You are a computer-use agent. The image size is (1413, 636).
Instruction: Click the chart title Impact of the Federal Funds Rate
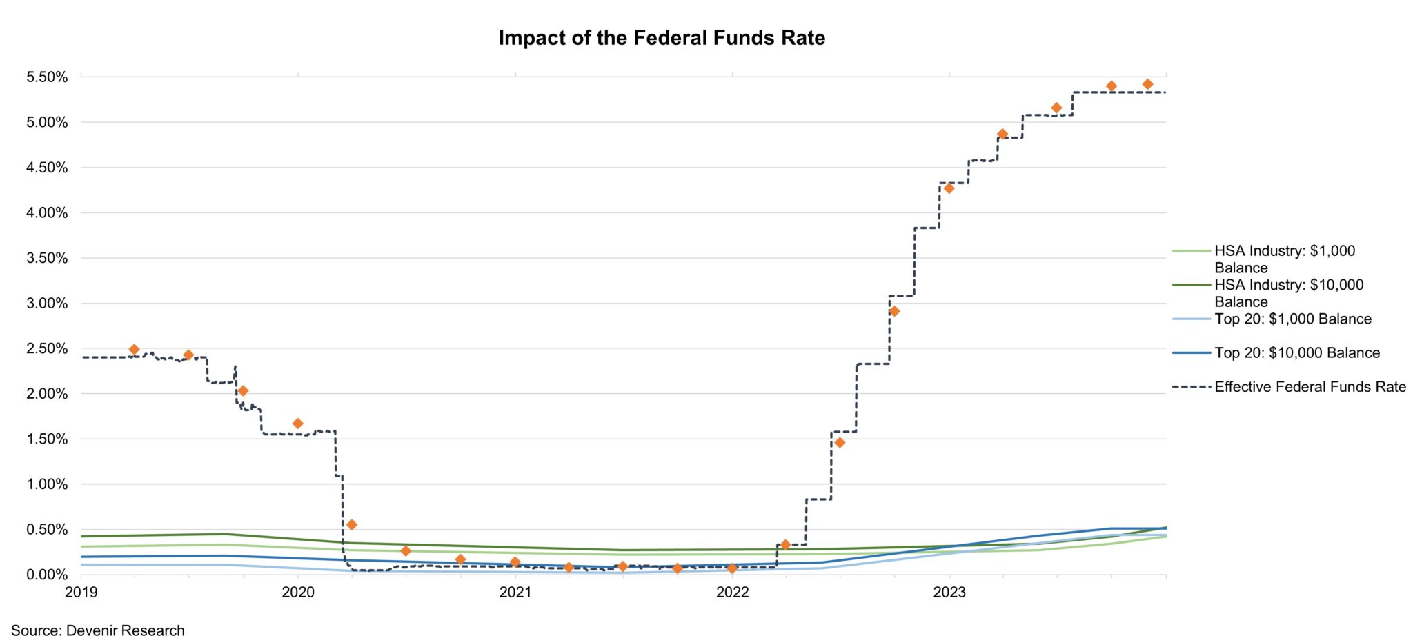[662, 38]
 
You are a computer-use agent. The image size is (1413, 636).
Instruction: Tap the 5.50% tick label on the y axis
[47, 77]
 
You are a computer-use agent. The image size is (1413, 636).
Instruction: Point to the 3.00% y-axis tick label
[47, 304]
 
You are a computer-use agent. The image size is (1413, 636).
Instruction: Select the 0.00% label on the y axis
[47, 575]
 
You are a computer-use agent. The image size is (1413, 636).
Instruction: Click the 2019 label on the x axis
[81, 592]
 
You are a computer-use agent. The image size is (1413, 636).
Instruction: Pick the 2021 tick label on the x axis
[515, 592]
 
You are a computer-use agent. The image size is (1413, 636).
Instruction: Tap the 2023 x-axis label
[949, 592]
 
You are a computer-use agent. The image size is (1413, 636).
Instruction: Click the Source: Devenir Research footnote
[98, 629]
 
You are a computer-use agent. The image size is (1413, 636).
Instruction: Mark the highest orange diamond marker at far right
[1147, 84]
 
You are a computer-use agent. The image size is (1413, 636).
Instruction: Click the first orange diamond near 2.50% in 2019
[135, 350]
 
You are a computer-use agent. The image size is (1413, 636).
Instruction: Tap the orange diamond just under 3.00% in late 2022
[894, 311]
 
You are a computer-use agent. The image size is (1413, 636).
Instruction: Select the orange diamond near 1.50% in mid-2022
[840, 442]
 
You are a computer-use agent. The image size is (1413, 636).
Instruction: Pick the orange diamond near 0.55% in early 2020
[352, 525]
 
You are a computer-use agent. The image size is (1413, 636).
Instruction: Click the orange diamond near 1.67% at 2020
[297, 424]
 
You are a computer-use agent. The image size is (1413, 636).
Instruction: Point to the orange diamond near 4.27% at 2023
[949, 188]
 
